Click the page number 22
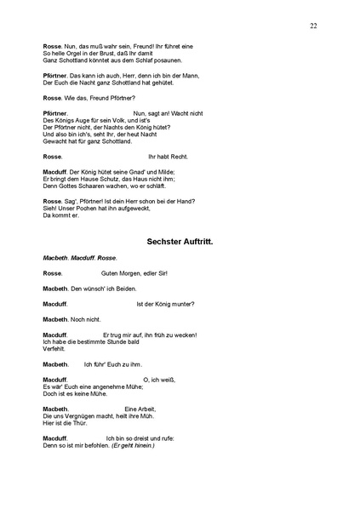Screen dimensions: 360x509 pos(314,26)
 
